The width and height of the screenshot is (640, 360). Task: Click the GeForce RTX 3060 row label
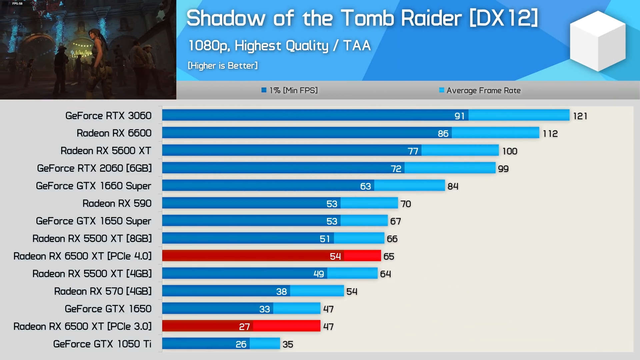click(108, 116)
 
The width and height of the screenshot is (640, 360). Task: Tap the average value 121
click(580, 116)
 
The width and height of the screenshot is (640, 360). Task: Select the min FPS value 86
click(443, 134)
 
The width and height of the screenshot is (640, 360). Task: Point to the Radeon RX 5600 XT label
click(106, 151)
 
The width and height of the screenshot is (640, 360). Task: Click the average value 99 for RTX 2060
click(503, 169)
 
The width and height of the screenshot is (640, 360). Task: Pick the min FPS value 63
click(365, 186)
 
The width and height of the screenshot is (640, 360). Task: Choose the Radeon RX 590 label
click(117, 203)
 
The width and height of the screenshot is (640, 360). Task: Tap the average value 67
click(396, 221)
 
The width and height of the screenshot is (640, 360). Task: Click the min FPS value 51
click(325, 239)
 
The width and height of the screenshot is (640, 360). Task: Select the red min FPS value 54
click(335, 256)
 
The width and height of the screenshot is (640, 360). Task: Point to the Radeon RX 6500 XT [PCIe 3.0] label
click(82, 326)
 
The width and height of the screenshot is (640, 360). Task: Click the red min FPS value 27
click(244, 327)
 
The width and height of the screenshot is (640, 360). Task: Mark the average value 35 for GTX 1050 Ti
click(288, 344)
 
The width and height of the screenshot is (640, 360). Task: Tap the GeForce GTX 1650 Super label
click(93, 221)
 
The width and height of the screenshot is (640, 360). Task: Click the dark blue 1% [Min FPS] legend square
click(264, 90)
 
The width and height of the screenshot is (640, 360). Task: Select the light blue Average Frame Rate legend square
click(442, 90)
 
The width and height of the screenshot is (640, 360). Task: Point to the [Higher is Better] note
click(223, 66)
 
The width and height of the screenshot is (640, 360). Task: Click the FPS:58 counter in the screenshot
click(17, 4)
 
